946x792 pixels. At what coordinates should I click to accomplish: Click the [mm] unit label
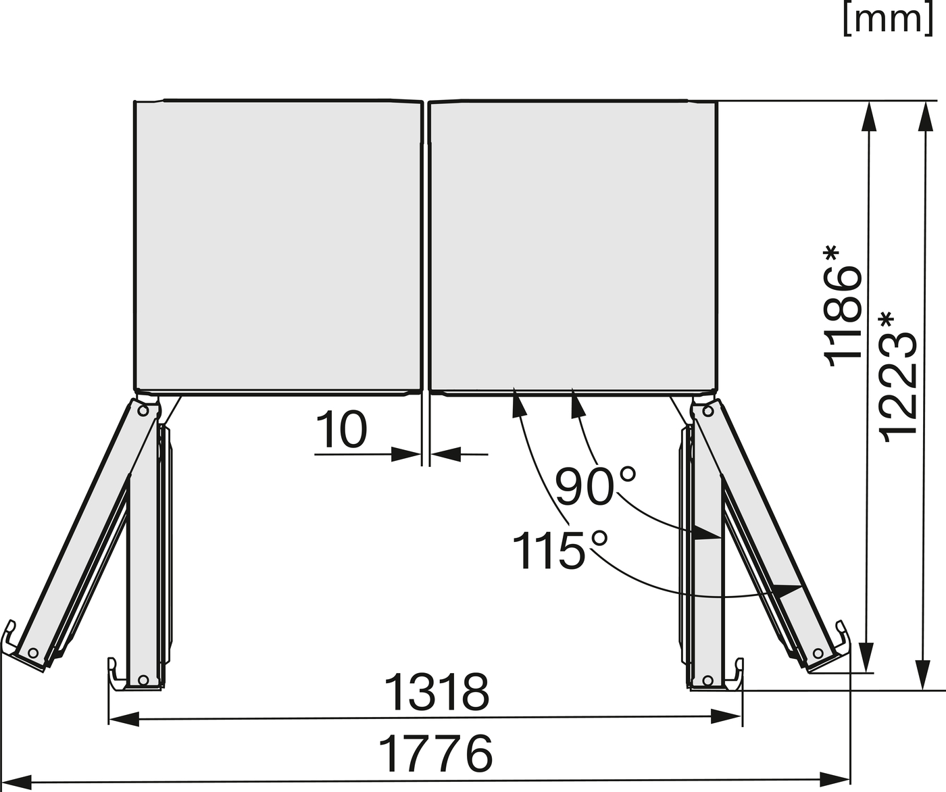pos(888,18)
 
